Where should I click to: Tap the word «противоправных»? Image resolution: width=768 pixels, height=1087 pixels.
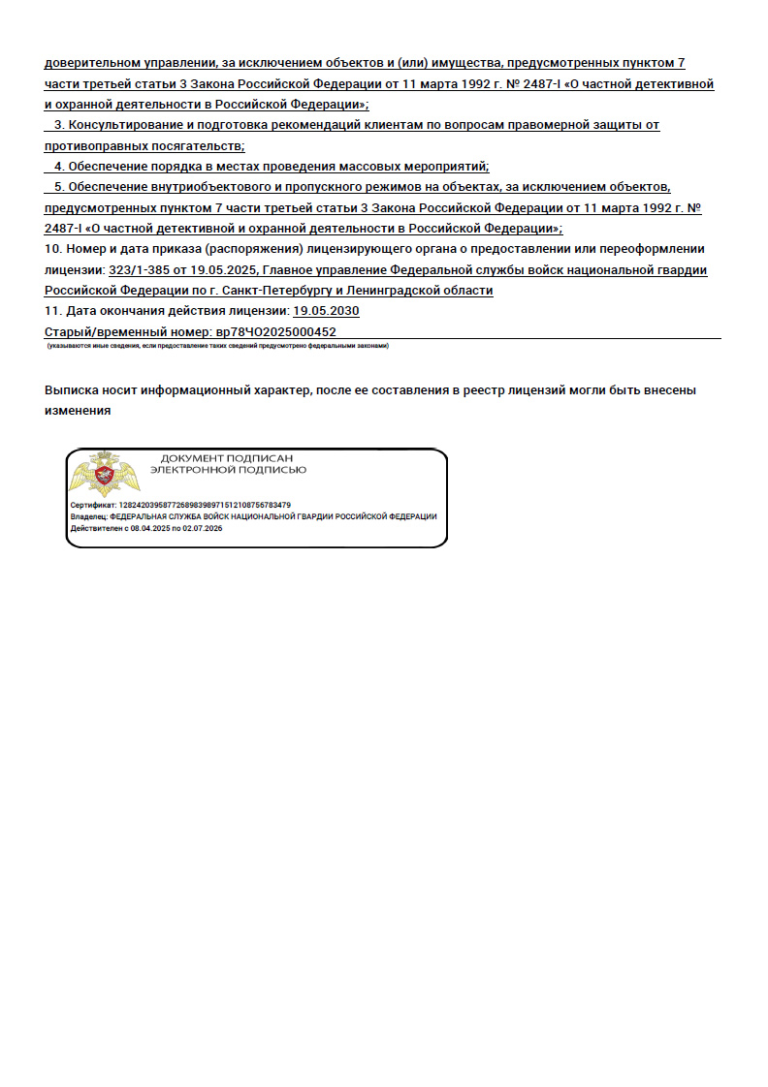(x=90, y=146)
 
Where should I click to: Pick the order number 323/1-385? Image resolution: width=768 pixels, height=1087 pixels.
(x=143, y=269)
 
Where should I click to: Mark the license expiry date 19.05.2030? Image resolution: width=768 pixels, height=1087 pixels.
(x=326, y=311)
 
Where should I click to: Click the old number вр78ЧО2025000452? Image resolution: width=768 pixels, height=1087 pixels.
(x=275, y=331)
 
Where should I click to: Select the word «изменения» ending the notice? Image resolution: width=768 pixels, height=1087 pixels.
(x=77, y=411)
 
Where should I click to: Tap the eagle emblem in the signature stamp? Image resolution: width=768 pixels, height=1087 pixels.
(x=104, y=475)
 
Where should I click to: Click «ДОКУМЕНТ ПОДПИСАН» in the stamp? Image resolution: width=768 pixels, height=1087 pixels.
(x=226, y=457)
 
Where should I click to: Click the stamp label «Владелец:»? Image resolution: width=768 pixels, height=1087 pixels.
(x=90, y=516)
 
